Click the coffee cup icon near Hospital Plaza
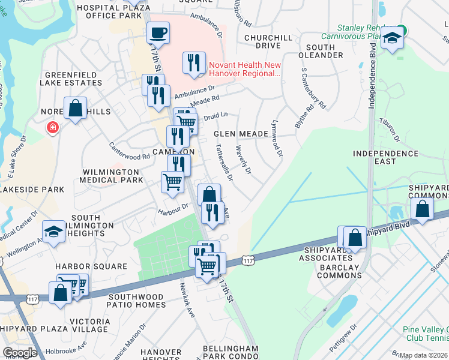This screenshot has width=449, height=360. pyautogui.click(x=158, y=32)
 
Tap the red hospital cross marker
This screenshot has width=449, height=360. pyautogui.click(x=53, y=128)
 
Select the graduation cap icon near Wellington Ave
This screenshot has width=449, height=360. pyautogui.click(x=53, y=232)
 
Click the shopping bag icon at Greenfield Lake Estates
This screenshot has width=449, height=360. pyautogui.click(x=75, y=109)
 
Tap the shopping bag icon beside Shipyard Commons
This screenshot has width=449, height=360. pyautogui.click(x=423, y=209)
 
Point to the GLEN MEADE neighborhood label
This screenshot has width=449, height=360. pyautogui.click(x=241, y=134)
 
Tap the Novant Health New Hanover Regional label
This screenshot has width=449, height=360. pyautogui.click(x=244, y=69)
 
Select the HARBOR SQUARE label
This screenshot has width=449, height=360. pyautogui.click(x=91, y=266)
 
